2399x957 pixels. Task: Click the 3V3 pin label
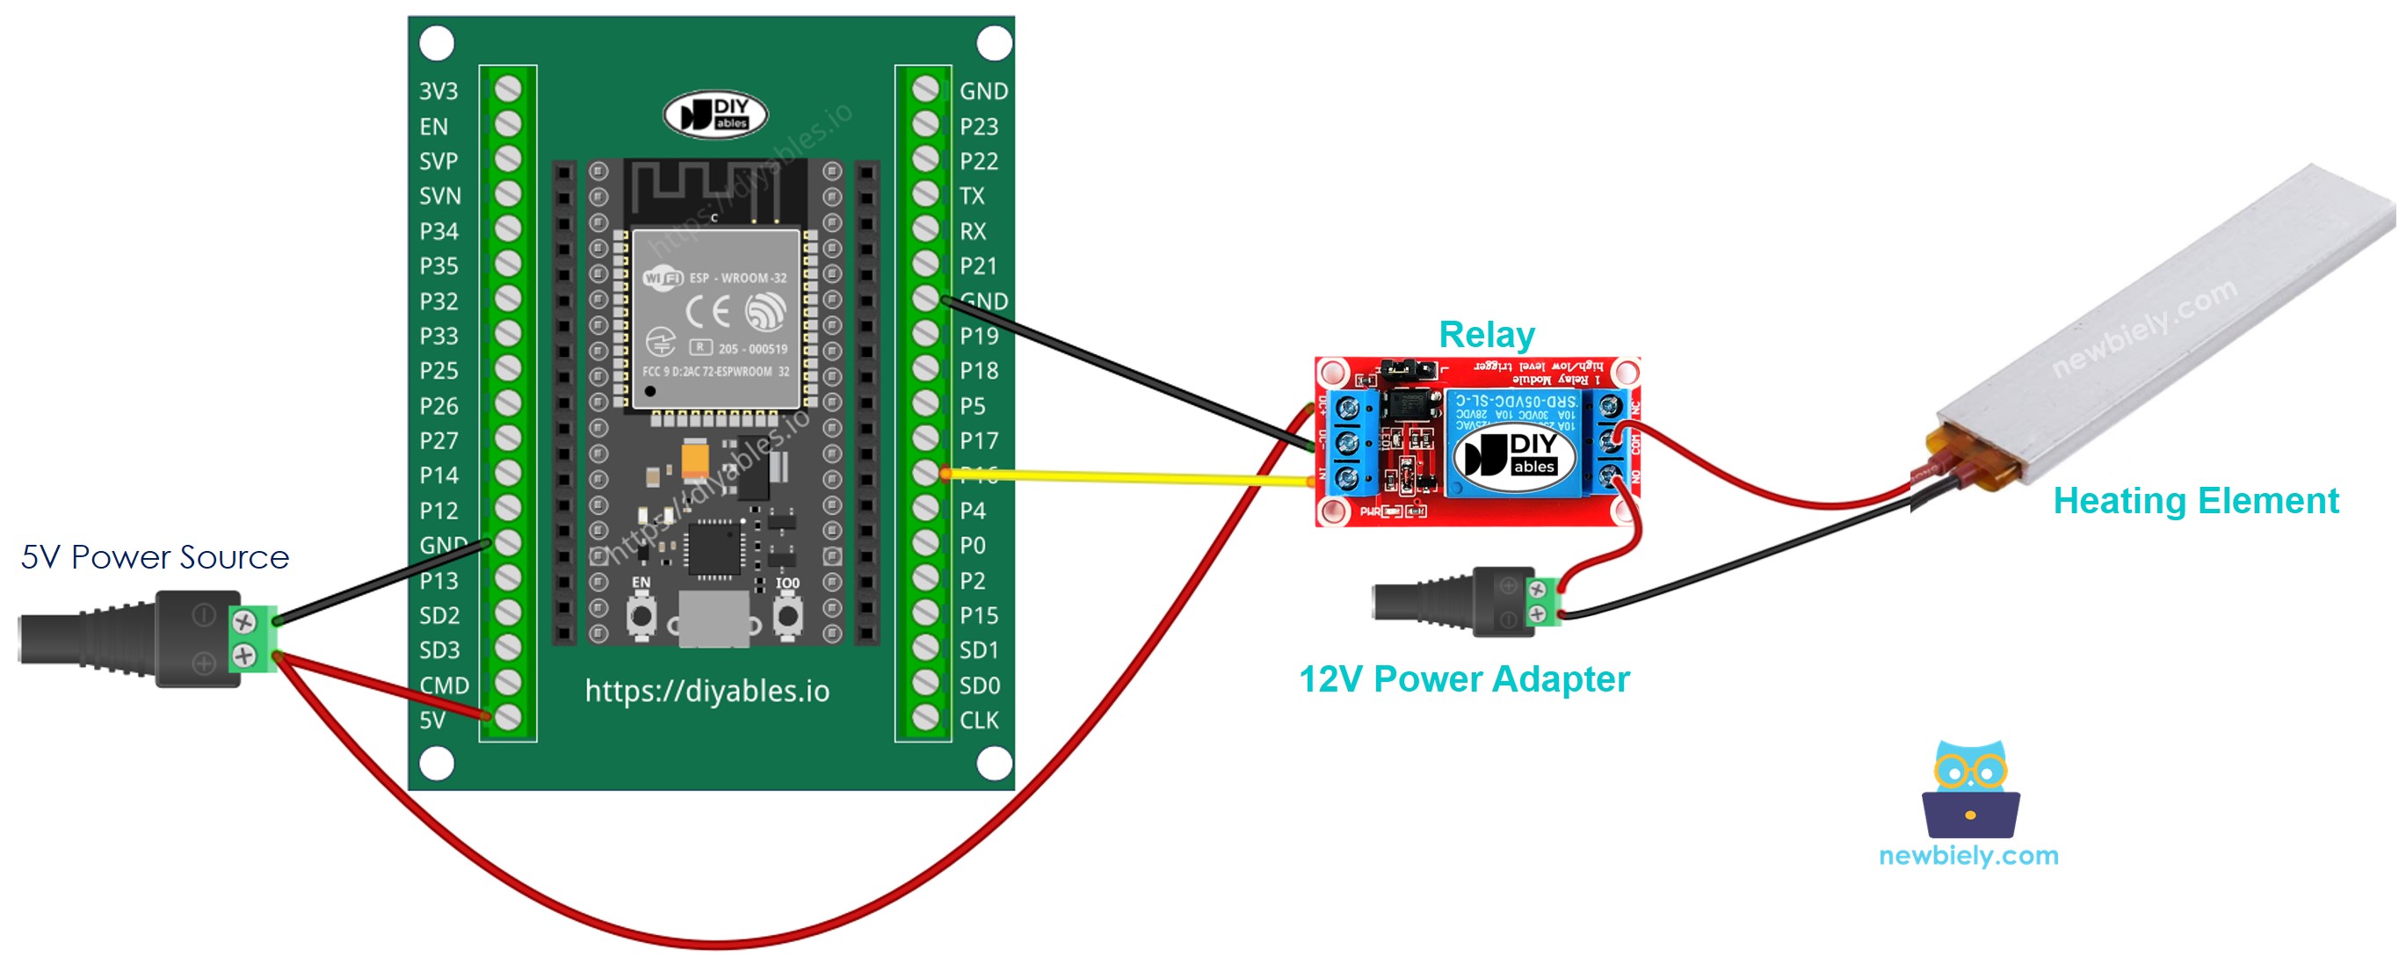pos(438,91)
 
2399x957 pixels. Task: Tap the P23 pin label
pos(979,127)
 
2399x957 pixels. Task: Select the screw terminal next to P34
pos(508,230)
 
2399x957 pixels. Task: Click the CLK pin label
pos(979,721)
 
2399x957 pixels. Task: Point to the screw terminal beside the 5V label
pos(508,717)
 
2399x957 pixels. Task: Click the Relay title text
pos(1486,335)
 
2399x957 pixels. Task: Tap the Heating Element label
pos(2195,501)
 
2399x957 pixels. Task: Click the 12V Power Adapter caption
pos(1464,679)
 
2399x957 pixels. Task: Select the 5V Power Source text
pos(155,558)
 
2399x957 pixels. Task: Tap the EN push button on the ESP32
pos(641,616)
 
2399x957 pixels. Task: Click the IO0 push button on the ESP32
pos(788,616)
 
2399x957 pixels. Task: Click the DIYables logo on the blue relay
pos(1515,454)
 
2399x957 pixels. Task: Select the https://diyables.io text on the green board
pos(707,692)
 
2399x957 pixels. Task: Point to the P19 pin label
pos(979,336)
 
